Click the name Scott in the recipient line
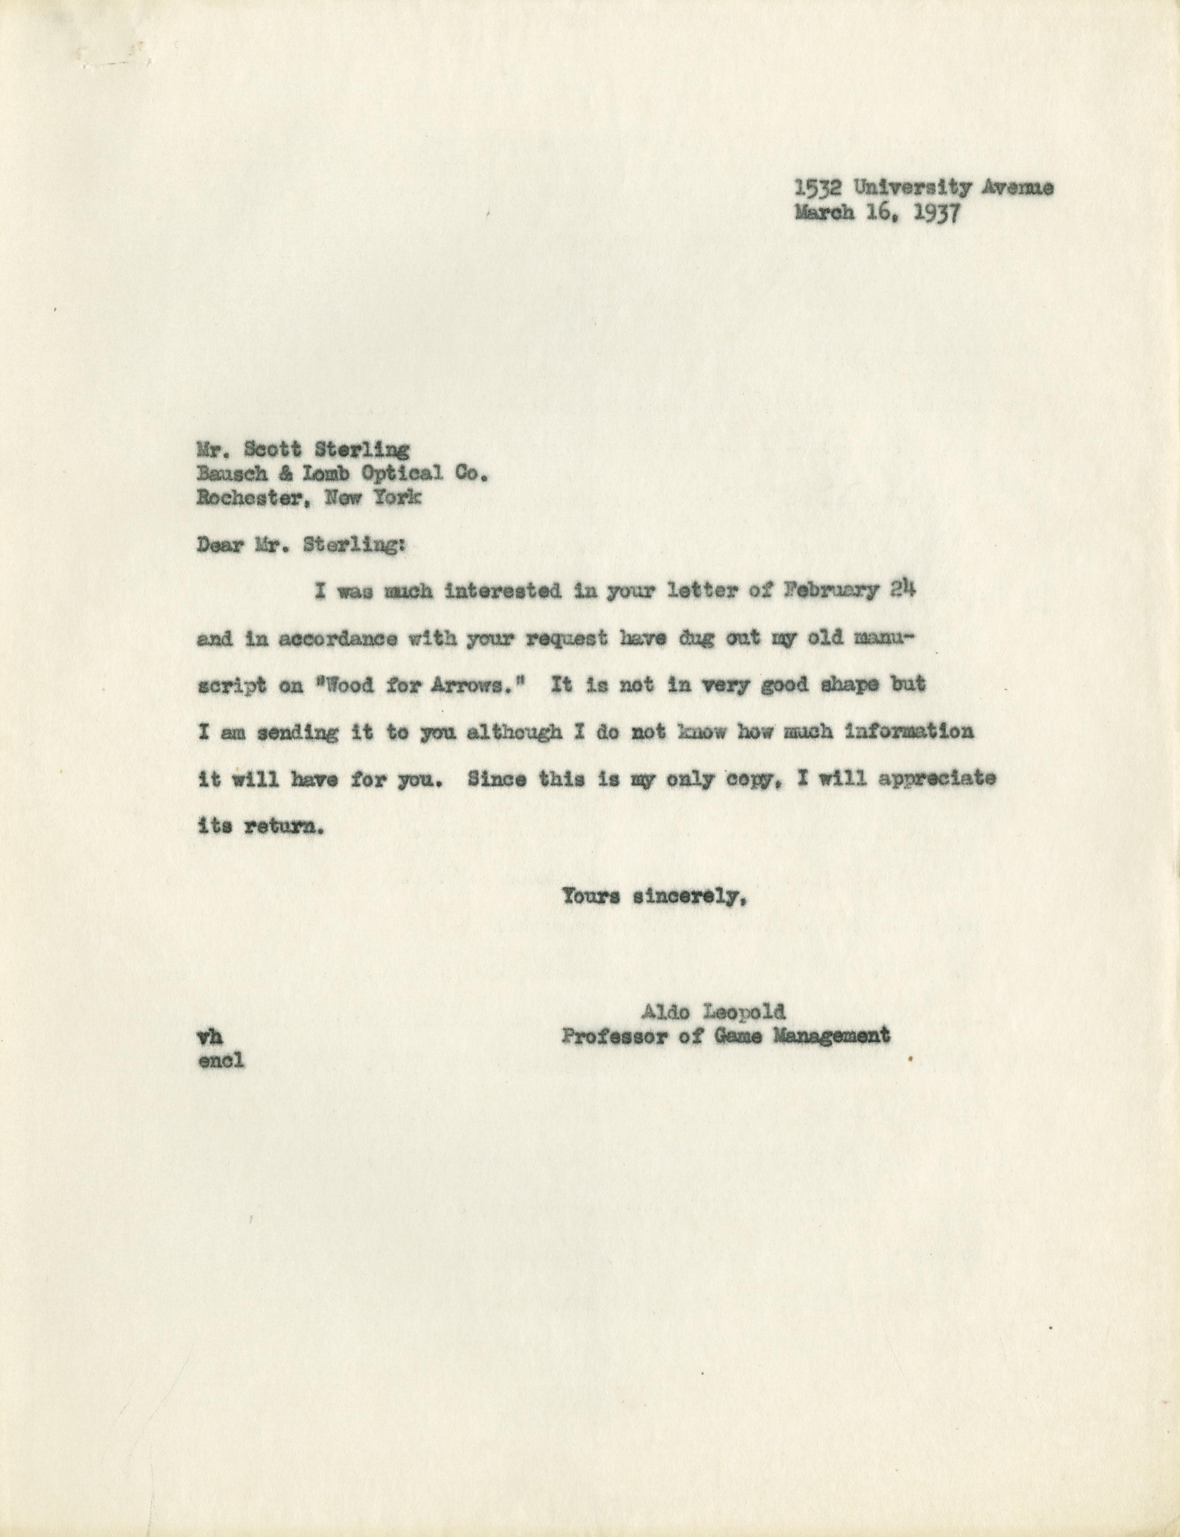276,449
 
